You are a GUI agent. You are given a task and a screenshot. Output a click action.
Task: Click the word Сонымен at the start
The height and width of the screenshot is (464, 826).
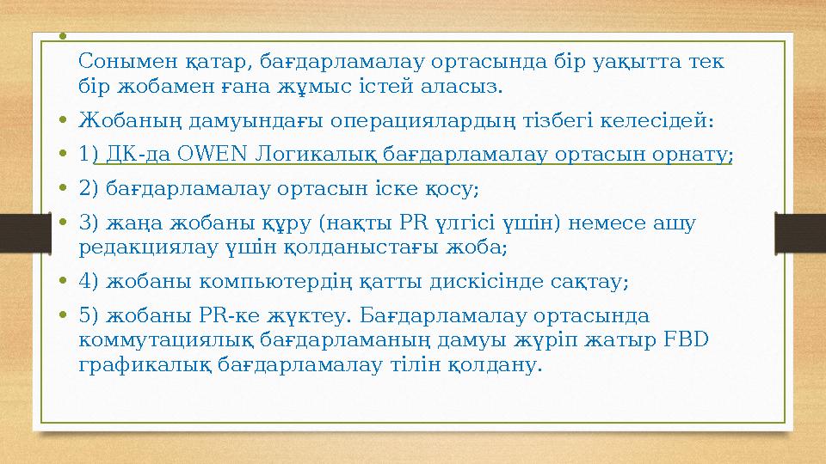click(118, 61)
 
